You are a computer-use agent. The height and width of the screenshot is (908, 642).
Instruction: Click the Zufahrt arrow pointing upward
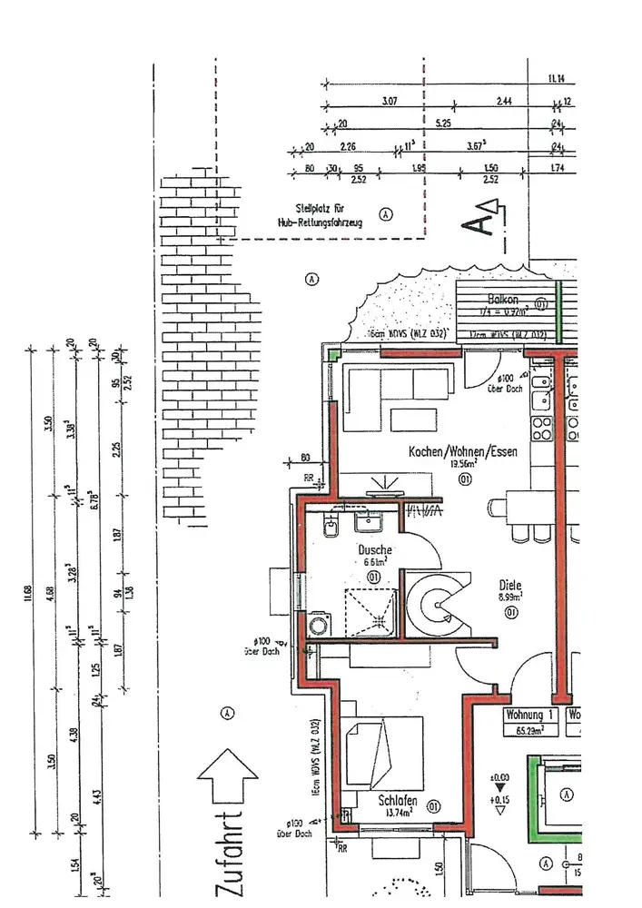tap(225, 779)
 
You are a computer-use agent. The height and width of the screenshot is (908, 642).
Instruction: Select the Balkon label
tap(502, 300)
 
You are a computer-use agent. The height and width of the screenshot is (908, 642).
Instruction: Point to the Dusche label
tap(375, 549)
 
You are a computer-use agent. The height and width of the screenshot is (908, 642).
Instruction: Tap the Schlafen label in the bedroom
tap(398, 800)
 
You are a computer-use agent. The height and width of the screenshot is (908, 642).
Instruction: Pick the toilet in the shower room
tap(331, 525)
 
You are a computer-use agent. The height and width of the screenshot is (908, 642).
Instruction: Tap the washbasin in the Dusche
tap(370, 520)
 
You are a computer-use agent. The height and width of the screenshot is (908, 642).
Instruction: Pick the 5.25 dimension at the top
tap(443, 122)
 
